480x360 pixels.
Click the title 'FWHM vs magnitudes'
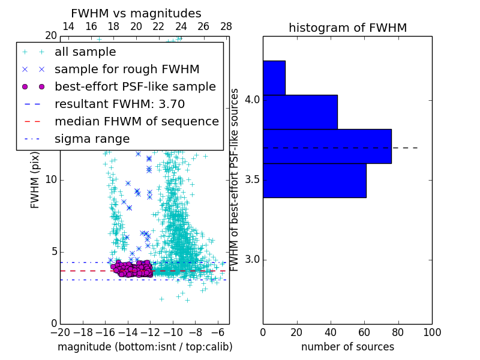pyautogui.click(x=136, y=13)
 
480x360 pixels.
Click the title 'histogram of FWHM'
pyautogui.click(x=347, y=28)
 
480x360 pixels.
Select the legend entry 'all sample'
pyautogui.click(x=85, y=52)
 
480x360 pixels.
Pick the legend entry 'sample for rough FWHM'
pyautogui.click(x=127, y=69)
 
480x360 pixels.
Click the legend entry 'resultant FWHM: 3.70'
pyautogui.click(x=119, y=104)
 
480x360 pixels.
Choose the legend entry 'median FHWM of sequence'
pyautogui.click(x=136, y=121)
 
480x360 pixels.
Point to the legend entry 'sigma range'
pyautogui.click(x=92, y=139)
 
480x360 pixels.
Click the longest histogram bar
pyautogui.click(x=327, y=146)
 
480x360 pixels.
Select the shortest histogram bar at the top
pyautogui.click(x=274, y=77)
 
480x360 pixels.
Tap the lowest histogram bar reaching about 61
pyautogui.click(x=314, y=180)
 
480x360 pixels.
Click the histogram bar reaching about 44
pyautogui.click(x=300, y=112)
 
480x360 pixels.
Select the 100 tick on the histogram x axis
pyautogui.click(x=432, y=332)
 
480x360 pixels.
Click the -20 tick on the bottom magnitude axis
pyautogui.click(x=60, y=332)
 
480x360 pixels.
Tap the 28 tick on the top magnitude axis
pyautogui.click(x=226, y=26)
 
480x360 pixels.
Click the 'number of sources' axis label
pyautogui.click(x=347, y=347)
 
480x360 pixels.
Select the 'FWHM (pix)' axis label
pyautogui.click(x=35, y=180)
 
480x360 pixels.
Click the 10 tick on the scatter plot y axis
pyautogui.click(x=51, y=180)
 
